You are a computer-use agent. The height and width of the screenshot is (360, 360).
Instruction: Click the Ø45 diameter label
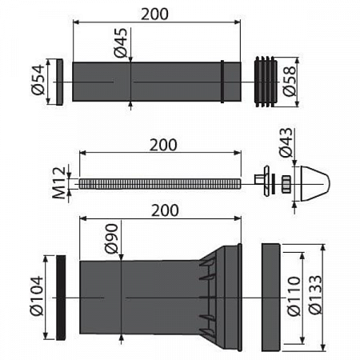[x=121, y=42]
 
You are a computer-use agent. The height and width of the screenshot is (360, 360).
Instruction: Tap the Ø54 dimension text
[x=38, y=79]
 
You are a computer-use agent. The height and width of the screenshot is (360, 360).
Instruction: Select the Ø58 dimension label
[x=290, y=81]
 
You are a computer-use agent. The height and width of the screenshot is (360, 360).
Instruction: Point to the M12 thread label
[x=58, y=183]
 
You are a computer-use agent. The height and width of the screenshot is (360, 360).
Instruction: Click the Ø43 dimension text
[x=286, y=142]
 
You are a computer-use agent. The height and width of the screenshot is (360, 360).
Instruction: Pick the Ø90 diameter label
[x=111, y=238]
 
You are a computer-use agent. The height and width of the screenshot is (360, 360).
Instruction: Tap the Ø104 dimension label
[x=37, y=296]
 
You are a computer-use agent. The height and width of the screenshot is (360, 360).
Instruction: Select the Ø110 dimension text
[x=294, y=296]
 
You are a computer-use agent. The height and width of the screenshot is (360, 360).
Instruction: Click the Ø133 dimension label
[x=315, y=295]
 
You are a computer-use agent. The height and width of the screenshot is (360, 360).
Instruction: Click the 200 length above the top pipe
[x=154, y=14]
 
